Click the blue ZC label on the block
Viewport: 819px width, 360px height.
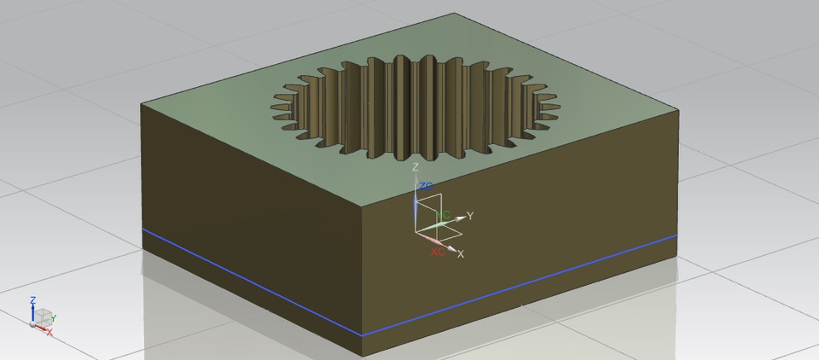click(427, 186)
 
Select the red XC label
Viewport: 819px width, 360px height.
click(438, 253)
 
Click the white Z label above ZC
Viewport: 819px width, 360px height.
click(415, 167)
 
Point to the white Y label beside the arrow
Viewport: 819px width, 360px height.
click(470, 215)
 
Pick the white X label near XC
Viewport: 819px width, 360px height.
click(461, 254)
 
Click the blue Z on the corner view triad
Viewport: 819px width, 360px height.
click(32, 300)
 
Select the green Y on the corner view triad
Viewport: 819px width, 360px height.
click(54, 318)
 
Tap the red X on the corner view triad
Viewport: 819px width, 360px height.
click(49, 332)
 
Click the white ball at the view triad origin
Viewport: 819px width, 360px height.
click(33, 324)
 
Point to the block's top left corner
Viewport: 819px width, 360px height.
click(142, 104)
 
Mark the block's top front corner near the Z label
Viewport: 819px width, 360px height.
click(363, 206)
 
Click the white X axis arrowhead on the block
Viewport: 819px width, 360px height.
click(451, 248)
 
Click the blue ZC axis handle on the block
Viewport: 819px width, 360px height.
click(415, 205)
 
